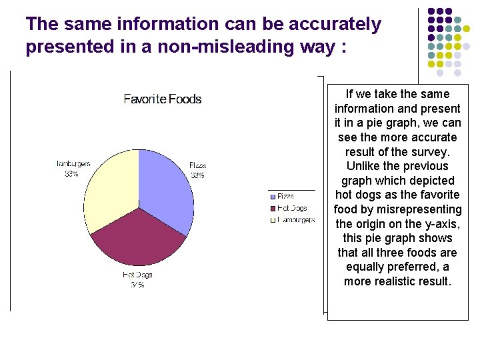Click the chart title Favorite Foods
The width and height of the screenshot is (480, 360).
pyautogui.click(x=163, y=99)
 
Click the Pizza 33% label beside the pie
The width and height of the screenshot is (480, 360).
pyautogui.click(x=197, y=169)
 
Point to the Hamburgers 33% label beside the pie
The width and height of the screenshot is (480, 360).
pyautogui.click(x=73, y=168)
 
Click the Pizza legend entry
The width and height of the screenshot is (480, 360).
pyautogui.click(x=285, y=197)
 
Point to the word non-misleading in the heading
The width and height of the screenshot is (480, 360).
pyautogui.click(x=213, y=48)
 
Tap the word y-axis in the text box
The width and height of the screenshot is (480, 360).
pyautogui.click(x=443, y=223)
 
